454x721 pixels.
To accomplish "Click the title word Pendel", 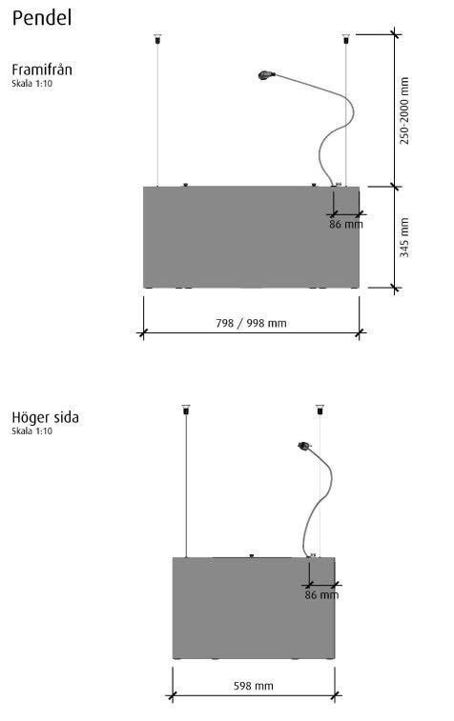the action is coord(42,18).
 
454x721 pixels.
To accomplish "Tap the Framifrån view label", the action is coord(42,70).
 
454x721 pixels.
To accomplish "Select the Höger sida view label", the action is coord(45,417).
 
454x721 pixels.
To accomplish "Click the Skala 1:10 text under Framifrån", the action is coord(32,84).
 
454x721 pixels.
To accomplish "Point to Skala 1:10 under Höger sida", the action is coord(32,431).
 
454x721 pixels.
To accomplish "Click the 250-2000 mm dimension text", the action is coord(404,110).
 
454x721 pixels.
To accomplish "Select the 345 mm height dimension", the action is coord(404,237).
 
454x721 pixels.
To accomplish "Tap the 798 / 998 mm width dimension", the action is coord(251,323).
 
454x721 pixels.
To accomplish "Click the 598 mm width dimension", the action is coord(254,686).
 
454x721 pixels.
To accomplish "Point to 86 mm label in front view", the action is coord(346,225).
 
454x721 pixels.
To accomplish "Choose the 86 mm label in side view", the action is coord(321,595).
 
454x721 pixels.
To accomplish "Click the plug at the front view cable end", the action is coord(267,74).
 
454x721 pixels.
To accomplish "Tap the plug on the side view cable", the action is coord(304,445).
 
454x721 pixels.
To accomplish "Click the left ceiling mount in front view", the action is coord(157,39).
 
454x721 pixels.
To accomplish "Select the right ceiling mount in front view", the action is coord(346,39).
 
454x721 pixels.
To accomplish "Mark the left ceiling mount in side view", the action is coord(186,410).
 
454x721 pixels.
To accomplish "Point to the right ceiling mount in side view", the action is coord(320,410).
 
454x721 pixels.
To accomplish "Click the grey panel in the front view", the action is coord(251,237).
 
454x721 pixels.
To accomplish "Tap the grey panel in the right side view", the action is coord(254,608).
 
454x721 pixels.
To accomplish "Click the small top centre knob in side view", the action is coord(252,555).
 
